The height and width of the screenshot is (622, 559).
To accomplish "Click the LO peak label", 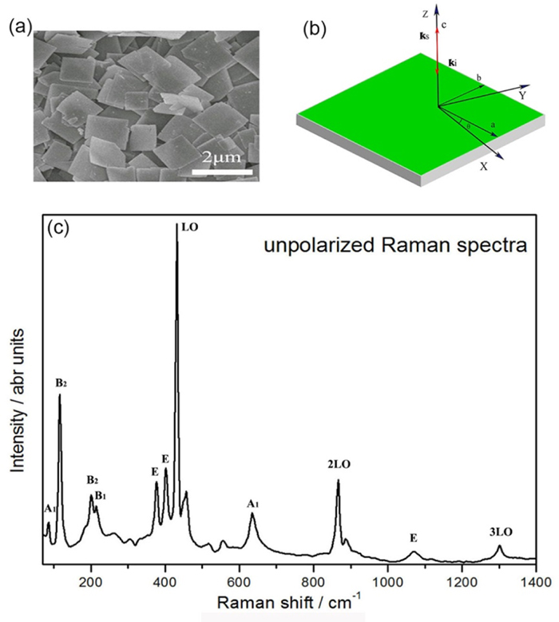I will (x=190, y=228).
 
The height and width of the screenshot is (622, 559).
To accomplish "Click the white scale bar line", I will (x=223, y=169).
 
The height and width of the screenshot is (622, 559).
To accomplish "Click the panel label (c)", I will (x=59, y=227).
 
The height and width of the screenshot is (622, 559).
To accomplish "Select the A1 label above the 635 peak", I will (x=253, y=503).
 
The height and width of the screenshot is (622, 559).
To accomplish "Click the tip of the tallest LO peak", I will (x=176, y=226).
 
